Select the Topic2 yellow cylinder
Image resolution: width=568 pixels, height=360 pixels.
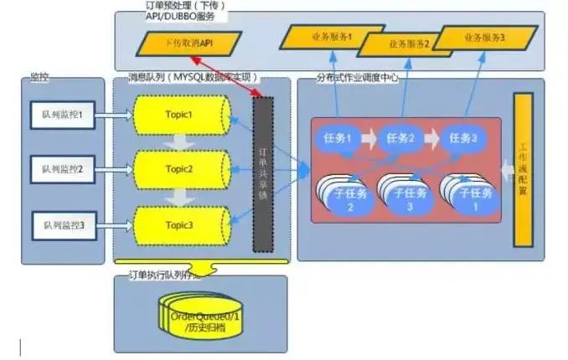pos(179,169)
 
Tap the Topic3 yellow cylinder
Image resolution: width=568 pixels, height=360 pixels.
pos(179,224)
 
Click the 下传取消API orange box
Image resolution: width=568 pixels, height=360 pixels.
pos(189,43)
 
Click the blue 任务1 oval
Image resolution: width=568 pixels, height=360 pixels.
pos(337,139)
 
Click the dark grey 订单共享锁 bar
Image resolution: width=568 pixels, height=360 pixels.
pos(263,173)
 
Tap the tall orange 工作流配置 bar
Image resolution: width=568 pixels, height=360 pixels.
pos(524,170)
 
